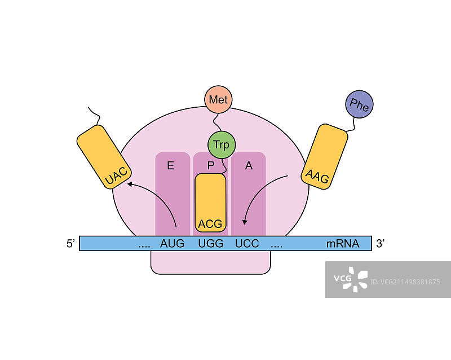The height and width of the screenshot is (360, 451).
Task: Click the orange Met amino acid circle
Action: click(218, 100)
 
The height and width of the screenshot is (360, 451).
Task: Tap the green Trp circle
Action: click(221, 144)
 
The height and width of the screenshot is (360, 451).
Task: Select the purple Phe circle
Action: click(359, 105)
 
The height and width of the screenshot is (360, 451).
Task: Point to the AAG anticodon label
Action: click(317, 174)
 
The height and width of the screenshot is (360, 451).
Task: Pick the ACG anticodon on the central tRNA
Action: click(210, 223)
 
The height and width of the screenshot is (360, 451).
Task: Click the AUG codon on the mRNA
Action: click(173, 244)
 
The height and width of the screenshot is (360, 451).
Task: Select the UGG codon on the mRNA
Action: click(211, 244)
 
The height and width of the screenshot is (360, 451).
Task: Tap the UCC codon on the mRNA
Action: click(247, 244)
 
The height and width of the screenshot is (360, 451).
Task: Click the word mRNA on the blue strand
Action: click(343, 244)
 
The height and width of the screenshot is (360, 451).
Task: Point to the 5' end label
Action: click(71, 244)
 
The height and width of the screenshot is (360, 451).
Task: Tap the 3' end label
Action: click(381, 244)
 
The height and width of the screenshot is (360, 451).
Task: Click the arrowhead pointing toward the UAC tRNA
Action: click(130, 183)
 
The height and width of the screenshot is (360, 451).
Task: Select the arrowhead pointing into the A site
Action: click(245, 222)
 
